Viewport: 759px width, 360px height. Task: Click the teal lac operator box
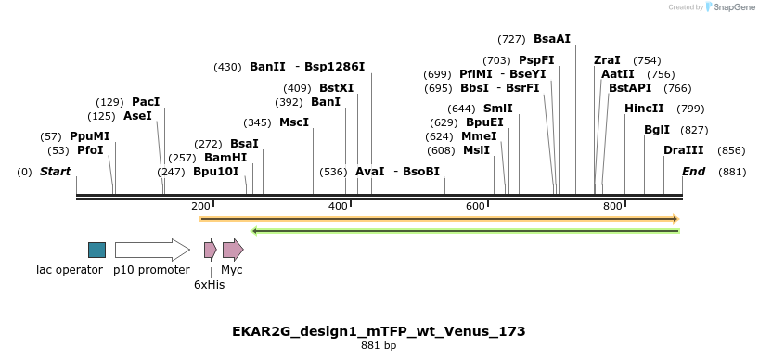click(x=96, y=250)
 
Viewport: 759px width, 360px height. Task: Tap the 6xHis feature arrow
click(x=210, y=250)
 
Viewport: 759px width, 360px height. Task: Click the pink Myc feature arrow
click(x=233, y=250)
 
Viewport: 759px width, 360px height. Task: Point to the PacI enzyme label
click(x=146, y=101)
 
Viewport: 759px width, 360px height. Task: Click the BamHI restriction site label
click(x=226, y=158)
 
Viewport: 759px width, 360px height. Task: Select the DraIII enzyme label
click(x=683, y=150)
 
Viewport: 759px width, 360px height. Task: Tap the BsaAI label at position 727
click(x=552, y=39)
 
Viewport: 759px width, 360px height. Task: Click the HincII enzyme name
click(x=644, y=109)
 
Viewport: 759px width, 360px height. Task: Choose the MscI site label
click(x=294, y=122)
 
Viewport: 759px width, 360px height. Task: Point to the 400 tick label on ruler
click(x=339, y=206)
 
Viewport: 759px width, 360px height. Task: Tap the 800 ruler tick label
click(x=612, y=206)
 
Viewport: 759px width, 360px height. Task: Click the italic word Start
click(x=56, y=172)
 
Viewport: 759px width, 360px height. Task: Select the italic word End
click(x=693, y=172)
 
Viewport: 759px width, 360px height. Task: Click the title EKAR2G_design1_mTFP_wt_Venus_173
click(x=379, y=331)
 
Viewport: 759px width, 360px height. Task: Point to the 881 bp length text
click(x=379, y=346)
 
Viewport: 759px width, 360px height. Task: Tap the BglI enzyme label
click(x=657, y=129)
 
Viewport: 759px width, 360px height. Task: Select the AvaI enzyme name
click(x=369, y=172)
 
